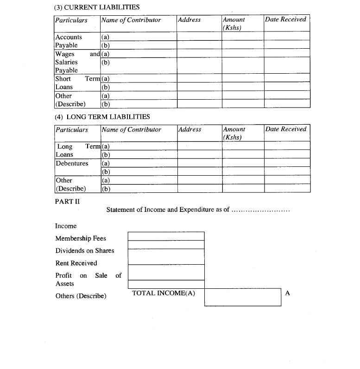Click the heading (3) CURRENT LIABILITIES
tap(97, 7)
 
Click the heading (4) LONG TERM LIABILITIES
tap(102, 117)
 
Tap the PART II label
tap(67, 201)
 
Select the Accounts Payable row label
tap(68, 41)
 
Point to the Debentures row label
tap(72, 164)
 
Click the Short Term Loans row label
tap(76, 83)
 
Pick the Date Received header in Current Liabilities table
tap(285, 19)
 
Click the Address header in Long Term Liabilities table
tap(189, 130)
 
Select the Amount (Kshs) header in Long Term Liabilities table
tap(234, 134)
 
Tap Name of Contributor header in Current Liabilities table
tap(131, 20)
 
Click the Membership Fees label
tap(81, 238)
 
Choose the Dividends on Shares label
tap(85, 251)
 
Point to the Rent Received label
tap(76, 263)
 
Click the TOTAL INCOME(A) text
tap(164, 293)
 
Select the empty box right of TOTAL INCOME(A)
tap(242, 297)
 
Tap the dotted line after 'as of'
tap(260, 210)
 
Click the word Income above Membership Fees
tap(66, 226)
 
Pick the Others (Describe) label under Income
tap(81, 296)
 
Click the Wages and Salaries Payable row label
tap(76, 62)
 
